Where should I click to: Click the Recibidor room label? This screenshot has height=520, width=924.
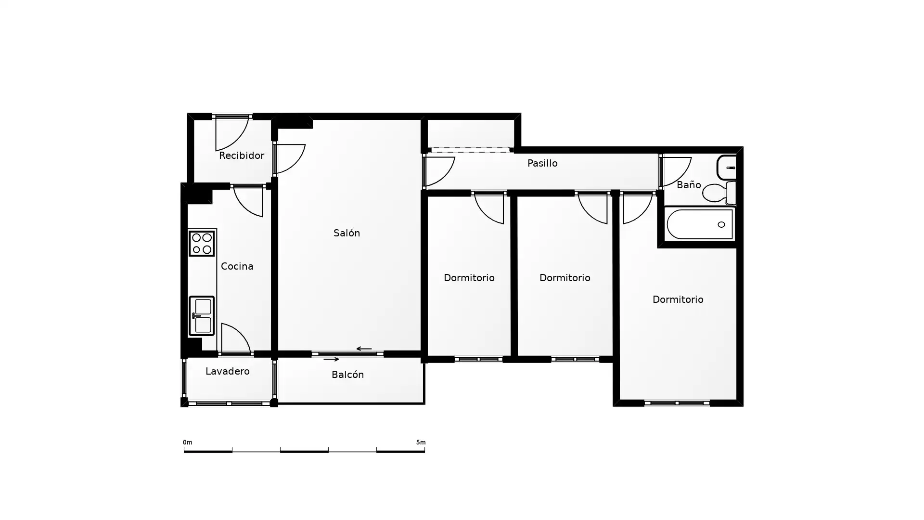pos(242,156)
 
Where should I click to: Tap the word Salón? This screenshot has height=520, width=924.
pos(346,233)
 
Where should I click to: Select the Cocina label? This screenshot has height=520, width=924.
pos(237,266)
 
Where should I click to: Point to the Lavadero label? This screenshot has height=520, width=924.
pos(227,371)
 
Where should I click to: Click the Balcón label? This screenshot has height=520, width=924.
pos(347,375)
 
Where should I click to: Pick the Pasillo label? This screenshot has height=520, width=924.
pos(542,163)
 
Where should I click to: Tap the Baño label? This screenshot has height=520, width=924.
pos(689,185)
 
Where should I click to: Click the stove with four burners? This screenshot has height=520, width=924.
pos(202,244)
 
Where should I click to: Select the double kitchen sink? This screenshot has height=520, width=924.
pos(202,316)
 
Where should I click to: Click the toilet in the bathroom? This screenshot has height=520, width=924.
pos(719,193)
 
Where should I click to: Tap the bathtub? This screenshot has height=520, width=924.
pos(700,224)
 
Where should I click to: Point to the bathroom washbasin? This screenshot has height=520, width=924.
pos(727,168)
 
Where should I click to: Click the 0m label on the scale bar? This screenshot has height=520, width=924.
pos(187,442)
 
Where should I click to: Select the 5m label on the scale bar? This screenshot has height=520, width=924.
pos(421,442)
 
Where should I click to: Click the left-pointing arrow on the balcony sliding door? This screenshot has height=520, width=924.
pos(364,349)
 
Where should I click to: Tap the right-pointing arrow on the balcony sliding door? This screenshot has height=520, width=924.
pos(331,359)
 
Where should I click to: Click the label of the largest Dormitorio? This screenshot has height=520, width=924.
pos(678,299)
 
